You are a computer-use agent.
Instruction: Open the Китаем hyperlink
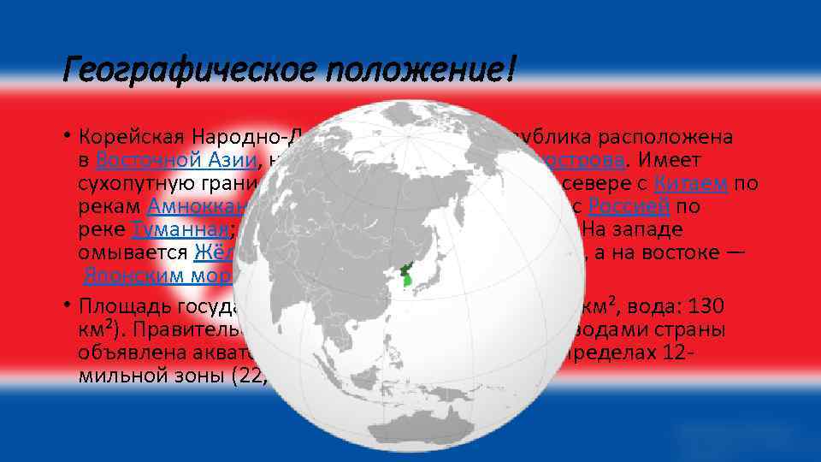coord(690,183)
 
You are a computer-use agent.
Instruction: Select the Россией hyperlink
coord(629,206)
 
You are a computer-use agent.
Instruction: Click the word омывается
coord(132,252)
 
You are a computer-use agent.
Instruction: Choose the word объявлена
coord(127,352)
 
